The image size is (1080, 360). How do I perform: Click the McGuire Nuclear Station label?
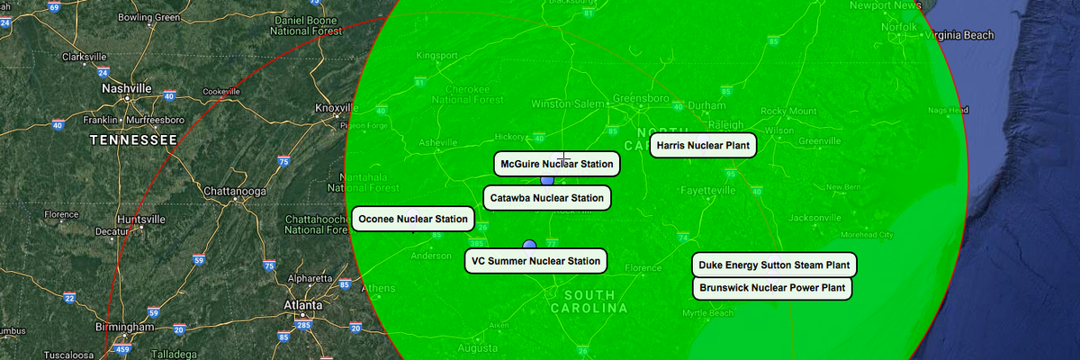(x=557, y=164)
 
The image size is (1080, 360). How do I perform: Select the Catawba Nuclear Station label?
(x=547, y=198)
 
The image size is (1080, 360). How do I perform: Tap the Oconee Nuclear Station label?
(x=413, y=219)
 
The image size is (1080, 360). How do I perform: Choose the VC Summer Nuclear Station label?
(x=535, y=262)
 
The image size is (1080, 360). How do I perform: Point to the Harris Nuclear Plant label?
(x=703, y=145)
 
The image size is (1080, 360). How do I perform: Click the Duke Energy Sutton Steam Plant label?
(x=774, y=265)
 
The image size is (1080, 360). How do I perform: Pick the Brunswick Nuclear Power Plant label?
(x=772, y=288)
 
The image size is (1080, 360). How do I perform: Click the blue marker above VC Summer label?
(x=529, y=244)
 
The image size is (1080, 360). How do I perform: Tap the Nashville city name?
(x=127, y=88)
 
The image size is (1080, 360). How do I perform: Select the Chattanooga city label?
(x=235, y=192)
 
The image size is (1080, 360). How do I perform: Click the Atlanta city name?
(x=303, y=305)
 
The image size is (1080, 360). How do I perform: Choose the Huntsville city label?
(x=140, y=219)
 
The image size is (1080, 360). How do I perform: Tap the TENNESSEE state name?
(x=133, y=140)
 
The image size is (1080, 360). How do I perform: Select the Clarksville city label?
(x=85, y=57)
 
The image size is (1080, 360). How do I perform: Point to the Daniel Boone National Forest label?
(x=307, y=25)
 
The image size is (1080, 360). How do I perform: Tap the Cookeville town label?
(x=221, y=92)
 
